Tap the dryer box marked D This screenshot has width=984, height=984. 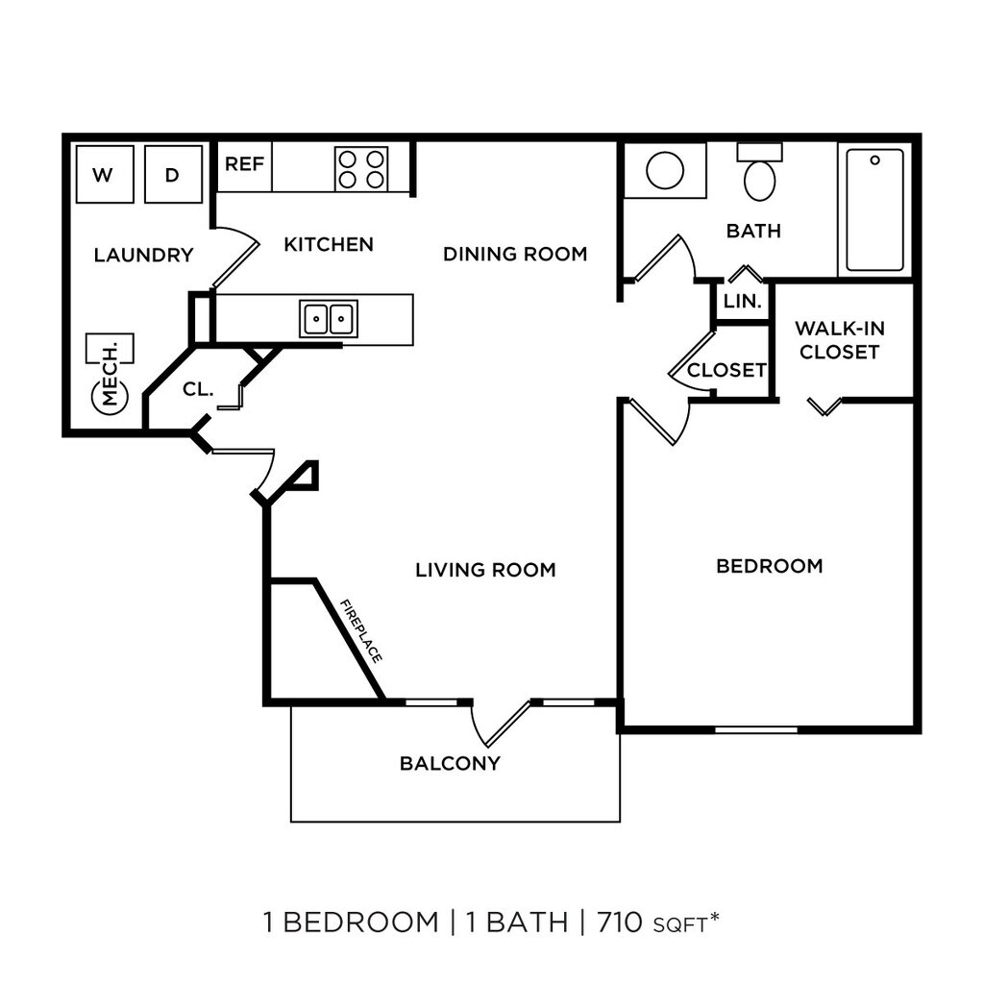pos(173,174)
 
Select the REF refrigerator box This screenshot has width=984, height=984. pos(244,164)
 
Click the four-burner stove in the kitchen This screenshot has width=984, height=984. pos(361,168)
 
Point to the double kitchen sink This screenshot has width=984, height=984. pos(328,318)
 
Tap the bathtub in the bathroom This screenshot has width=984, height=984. pos(874,209)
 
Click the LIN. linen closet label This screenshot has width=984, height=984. pos(742,301)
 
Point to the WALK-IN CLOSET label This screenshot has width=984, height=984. pos(839,340)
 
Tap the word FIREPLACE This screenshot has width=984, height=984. pos(362,630)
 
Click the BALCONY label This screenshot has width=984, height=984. pos(450,764)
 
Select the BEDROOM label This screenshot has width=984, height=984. pos(770,566)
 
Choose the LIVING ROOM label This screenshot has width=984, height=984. pos(485,570)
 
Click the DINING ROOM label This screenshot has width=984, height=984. pos(515,254)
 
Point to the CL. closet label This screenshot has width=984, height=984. pos(197,389)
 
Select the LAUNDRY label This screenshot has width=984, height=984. pos(144,256)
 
